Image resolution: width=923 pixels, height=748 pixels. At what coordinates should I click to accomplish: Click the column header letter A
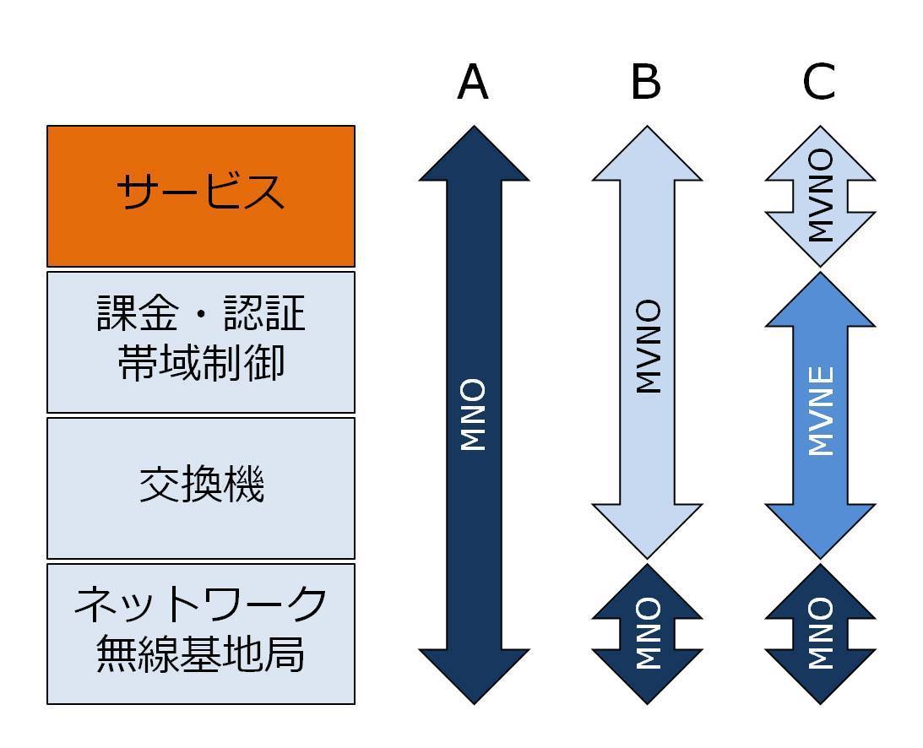point(473,83)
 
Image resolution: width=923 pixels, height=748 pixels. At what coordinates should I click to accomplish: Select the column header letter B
point(646,83)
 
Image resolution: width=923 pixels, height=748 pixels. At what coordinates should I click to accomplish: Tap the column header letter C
point(819,83)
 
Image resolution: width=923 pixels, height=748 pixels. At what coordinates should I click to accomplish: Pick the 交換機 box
point(201,487)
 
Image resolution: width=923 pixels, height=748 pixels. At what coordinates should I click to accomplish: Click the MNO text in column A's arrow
point(474,415)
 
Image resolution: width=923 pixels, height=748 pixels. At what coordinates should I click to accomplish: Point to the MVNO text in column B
point(647,347)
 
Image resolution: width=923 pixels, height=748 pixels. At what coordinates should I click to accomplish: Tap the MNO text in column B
point(647,633)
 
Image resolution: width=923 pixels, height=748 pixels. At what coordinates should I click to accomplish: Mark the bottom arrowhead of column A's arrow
point(474,675)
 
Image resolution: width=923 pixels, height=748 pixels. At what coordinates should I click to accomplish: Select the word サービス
point(201,192)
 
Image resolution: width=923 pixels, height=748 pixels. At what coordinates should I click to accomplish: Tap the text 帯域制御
point(201,363)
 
